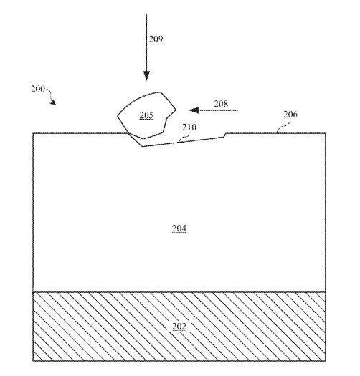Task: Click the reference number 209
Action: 156,39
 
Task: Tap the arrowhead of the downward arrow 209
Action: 146,76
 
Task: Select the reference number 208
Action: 221,104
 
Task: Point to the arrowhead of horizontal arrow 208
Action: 194,110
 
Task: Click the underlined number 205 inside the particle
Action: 146,115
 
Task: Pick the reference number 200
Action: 38,89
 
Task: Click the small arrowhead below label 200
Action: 53,102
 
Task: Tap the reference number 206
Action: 290,115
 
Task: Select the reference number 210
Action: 189,127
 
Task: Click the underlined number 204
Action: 179,228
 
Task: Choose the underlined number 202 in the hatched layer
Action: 179,327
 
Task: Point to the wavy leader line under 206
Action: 283,125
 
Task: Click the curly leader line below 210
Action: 184,137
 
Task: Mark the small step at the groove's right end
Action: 225,135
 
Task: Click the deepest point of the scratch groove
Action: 143,146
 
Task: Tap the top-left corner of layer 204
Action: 33,133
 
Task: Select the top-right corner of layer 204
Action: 326,133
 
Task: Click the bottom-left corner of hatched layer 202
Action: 33,361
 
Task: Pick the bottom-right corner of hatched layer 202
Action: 326,360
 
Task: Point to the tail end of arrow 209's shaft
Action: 146,14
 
